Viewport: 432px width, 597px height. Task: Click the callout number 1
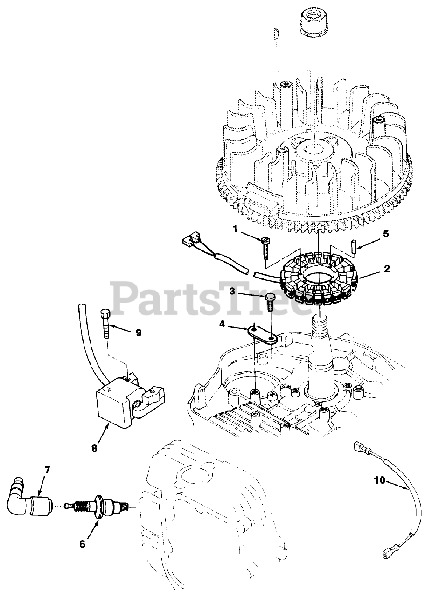coord(235,229)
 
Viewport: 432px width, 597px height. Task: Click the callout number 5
coord(385,233)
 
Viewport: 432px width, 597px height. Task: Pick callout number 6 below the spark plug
coord(82,544)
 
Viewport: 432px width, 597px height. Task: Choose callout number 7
coord(47,470)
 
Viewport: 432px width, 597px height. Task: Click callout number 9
coord(138,333)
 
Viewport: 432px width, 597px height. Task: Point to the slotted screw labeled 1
coord(265,247)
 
